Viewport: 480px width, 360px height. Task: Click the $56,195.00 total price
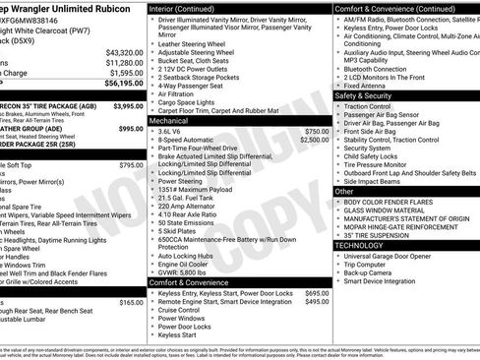point(123,84)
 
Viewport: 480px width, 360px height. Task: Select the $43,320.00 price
point(124,52)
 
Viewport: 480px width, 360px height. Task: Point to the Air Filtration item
point(184,93)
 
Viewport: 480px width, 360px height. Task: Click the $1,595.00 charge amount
point(124,73)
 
